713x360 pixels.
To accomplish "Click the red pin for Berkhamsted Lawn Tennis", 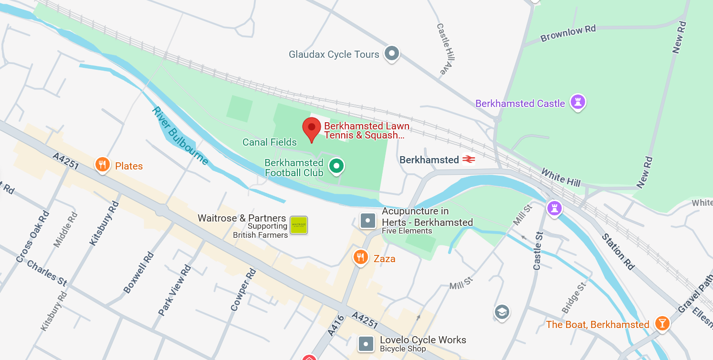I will coord(312,128).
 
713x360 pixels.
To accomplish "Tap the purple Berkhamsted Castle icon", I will coord(578,102).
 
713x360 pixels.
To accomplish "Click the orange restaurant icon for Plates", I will coord(102,165).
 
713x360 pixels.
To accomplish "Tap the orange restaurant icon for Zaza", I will coord(361,258).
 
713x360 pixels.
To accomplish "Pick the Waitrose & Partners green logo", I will coord(299,225).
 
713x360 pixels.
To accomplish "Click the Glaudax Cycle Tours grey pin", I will coord(392,53).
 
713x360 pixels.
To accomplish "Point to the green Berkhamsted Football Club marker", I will coord(337,166).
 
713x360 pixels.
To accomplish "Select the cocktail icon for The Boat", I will coord(662,324).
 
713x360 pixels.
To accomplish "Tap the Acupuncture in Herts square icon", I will coord(368,221).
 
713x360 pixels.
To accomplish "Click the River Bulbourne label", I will coord(180,136).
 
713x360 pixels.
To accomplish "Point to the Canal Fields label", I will coord(270,142).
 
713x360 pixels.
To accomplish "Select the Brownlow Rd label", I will coord(568,34).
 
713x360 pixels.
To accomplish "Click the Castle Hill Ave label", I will coord(444,49).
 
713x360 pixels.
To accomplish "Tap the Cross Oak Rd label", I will coord(32,237).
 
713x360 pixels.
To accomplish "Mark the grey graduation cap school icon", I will coord(502,312).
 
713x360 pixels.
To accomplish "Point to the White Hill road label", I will coord(560,177).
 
